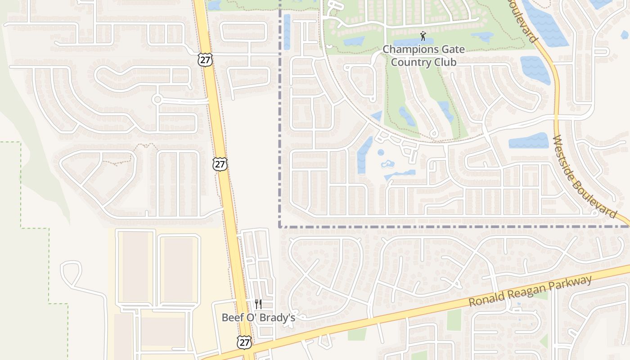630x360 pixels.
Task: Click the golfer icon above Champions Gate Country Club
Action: [x=423, y=36]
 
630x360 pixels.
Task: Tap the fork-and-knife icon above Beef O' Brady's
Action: [x=258, y=304]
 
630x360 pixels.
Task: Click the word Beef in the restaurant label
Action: [x=232, y=317]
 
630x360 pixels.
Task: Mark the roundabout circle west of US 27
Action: [x=157, y=99]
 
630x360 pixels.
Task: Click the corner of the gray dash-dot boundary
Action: [x=280, y=226]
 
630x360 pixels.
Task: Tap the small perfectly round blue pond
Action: [x=381, y=152]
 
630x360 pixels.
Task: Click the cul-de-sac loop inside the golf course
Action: [x=434, y=134]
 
